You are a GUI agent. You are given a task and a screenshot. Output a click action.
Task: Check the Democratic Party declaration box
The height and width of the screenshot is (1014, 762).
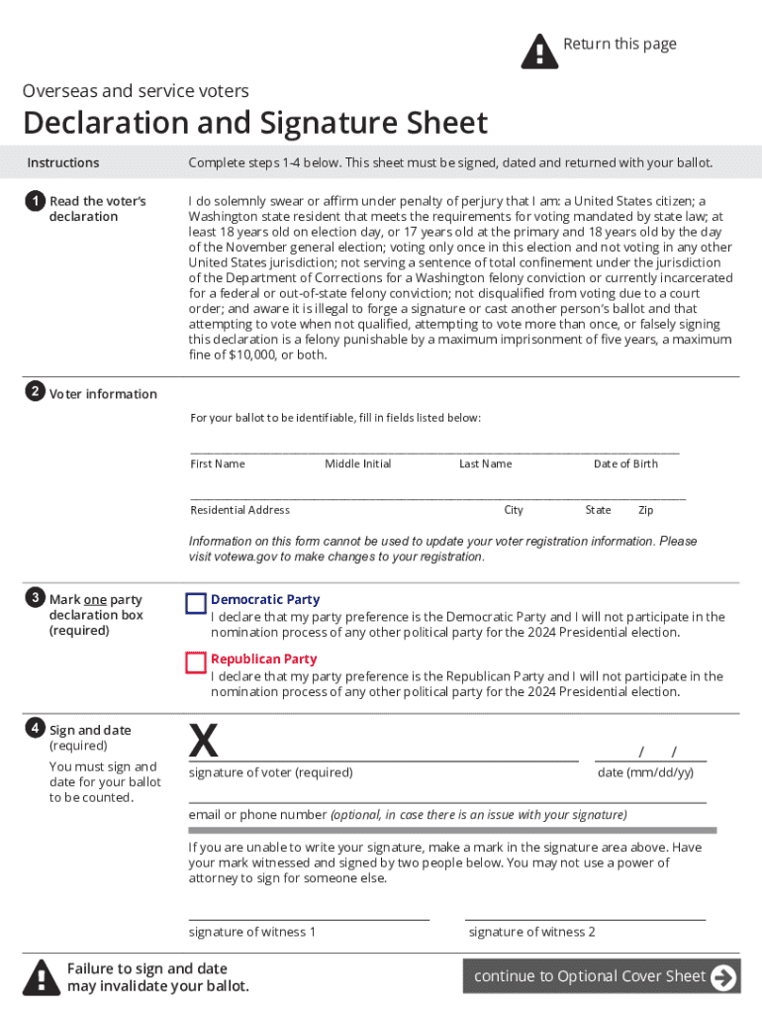[x=196, y=603]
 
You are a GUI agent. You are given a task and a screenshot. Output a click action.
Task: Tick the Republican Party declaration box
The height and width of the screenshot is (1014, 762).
[x=196, y=662]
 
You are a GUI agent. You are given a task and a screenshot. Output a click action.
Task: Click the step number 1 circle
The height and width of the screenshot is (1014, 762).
[x=35, y=201]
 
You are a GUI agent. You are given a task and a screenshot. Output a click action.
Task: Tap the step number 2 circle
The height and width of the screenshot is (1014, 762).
[x=35, y=392]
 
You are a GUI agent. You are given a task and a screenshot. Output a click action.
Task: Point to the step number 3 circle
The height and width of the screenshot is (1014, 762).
[x=35, y=597]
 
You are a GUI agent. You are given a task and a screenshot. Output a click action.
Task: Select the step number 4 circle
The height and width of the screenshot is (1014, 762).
[x=35, y=729]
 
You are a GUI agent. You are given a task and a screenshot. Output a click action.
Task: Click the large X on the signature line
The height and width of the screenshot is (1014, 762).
[x=203, y=741]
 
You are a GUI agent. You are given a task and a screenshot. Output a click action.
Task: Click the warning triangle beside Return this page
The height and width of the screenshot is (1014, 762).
[x=539, y=51]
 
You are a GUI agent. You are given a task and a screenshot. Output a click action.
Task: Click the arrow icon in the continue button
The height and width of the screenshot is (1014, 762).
[x=724, y=977]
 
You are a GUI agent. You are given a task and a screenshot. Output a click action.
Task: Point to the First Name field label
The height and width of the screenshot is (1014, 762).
[x=218, y=464]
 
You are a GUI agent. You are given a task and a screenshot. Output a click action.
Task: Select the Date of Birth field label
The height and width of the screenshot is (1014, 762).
[x=625, y=464]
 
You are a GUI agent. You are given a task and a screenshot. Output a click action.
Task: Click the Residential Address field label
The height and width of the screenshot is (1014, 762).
[x=240, y=510]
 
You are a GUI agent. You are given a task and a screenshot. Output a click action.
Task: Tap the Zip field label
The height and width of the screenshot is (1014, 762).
[x=646, y=510]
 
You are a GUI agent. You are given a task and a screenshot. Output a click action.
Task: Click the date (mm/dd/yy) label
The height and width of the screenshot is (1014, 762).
[x=645, y=772]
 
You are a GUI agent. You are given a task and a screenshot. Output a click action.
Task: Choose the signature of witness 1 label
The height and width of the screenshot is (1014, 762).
[x=252, y=932]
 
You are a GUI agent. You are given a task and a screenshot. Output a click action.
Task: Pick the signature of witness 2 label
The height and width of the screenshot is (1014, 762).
[x=532, y=932]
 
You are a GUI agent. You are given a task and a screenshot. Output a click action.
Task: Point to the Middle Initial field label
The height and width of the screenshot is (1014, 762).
[x=358, y=464]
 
